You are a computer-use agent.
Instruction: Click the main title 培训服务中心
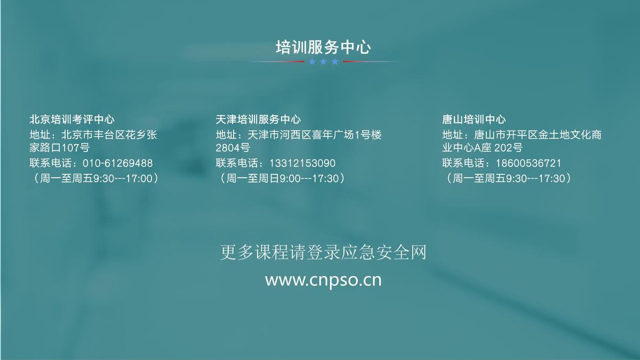[323, 47]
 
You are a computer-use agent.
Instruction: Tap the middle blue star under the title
[323, 62]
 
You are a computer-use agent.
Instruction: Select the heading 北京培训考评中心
[72, 119]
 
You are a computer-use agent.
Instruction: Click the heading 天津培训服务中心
[258, 119]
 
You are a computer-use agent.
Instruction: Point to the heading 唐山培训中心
[474, 119]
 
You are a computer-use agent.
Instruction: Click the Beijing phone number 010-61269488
[118, 163]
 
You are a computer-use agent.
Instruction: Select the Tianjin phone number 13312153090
[302, 163]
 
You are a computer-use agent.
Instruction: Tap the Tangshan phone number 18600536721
[529, 163]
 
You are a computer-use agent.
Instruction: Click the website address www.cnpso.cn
[323, 281]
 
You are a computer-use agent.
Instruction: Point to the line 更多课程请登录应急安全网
[323, 252]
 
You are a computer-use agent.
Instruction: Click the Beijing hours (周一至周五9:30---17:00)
[95, 179]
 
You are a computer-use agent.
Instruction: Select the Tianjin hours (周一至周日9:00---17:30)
[282, 179]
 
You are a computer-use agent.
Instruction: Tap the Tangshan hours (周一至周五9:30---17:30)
[509, 179]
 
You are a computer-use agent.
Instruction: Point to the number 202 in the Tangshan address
[503, 148]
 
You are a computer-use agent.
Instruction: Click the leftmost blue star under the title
[312, 62]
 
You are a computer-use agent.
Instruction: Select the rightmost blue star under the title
[335, 62]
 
